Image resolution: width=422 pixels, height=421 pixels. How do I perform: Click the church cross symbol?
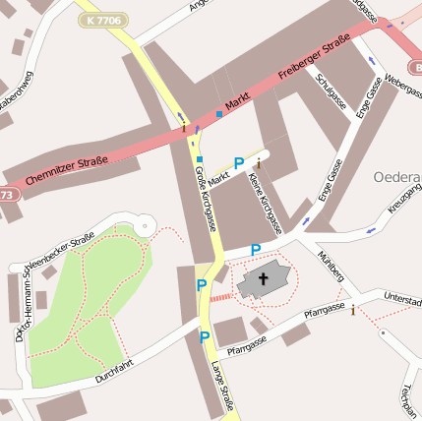coord(263,280)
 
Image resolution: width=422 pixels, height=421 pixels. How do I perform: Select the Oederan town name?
coord(397,177)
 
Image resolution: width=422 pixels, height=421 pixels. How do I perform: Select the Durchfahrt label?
coord(114,371)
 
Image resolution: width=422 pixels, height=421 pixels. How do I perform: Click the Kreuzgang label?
coord(404,198)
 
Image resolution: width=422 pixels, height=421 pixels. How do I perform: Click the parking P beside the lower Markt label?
coord(239,163)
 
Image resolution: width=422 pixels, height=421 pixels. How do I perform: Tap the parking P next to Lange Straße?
coord(205,337)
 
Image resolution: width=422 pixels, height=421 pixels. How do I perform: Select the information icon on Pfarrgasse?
coord(353,311)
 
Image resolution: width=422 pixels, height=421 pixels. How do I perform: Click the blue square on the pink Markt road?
coord(218,114)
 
